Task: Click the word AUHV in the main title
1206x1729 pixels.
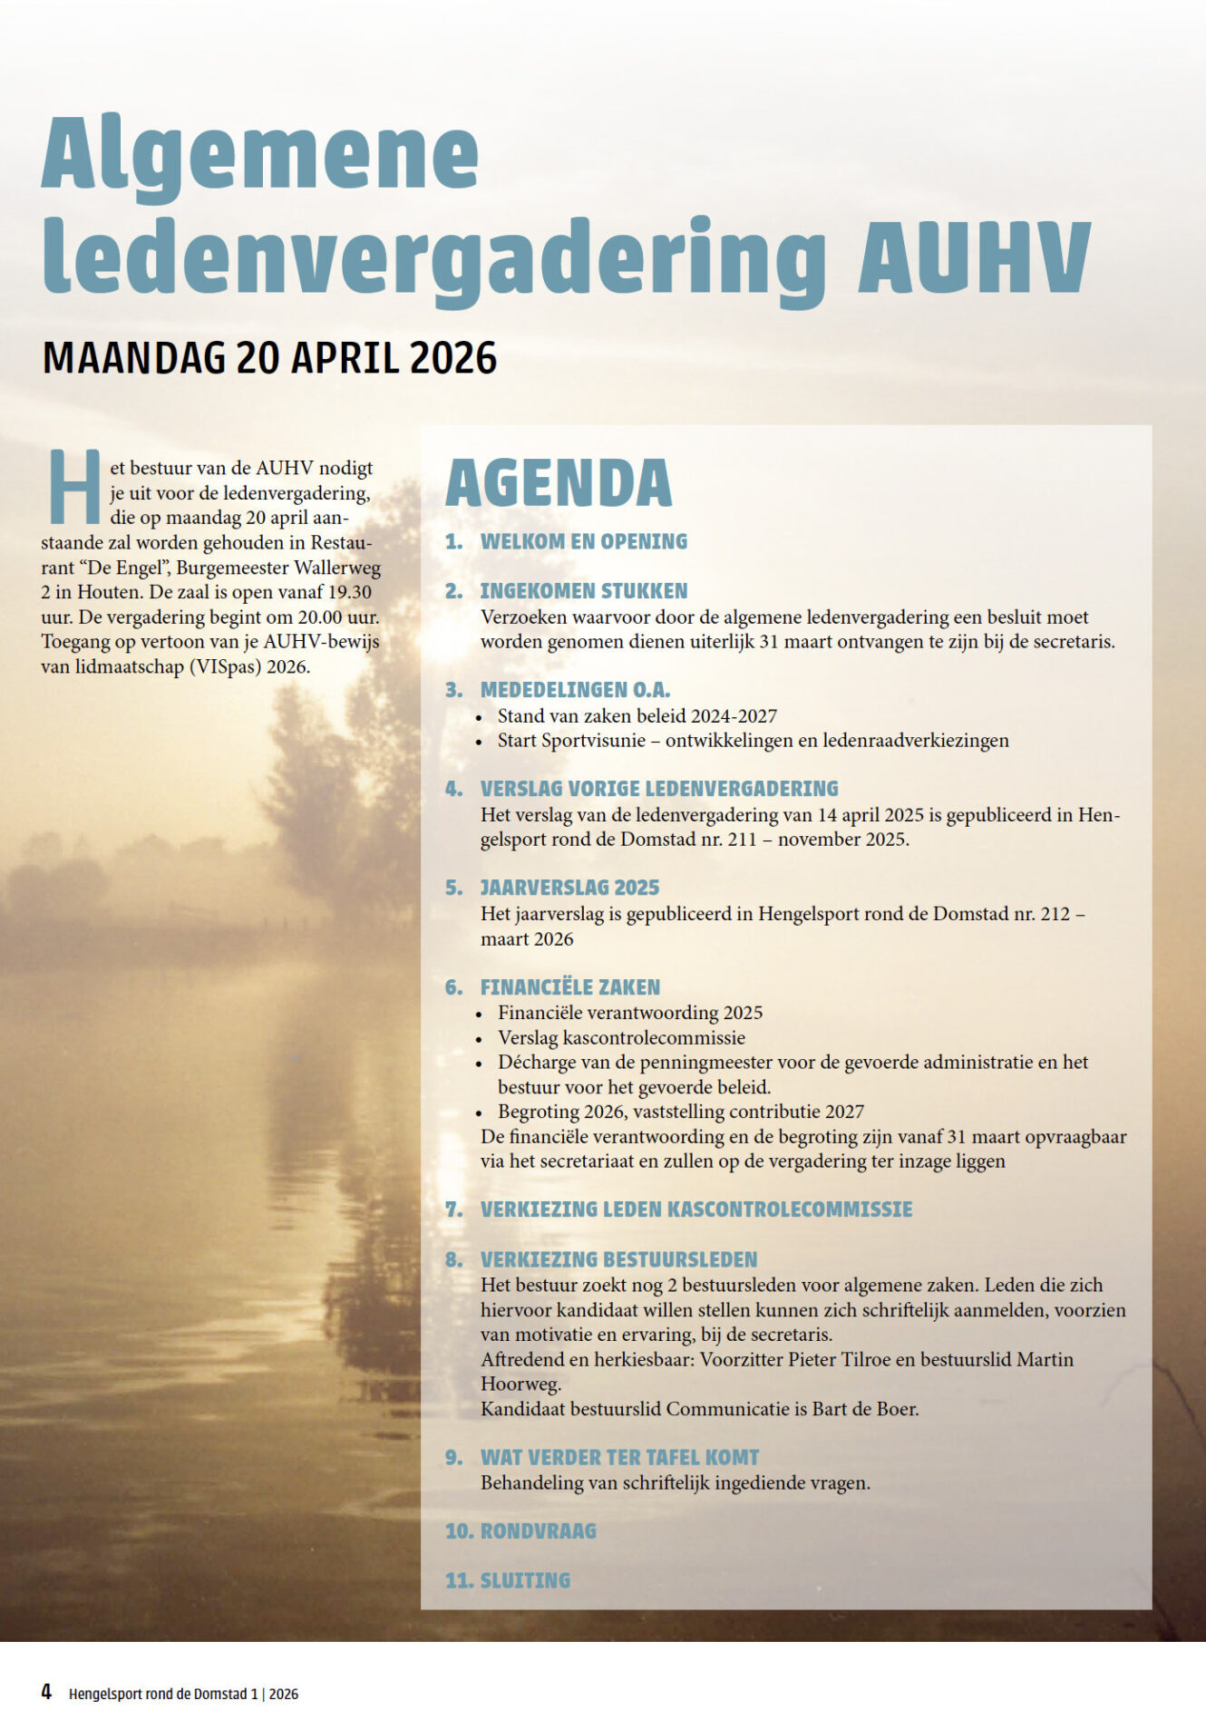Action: coord(974,256)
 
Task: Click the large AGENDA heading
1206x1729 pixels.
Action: coord(559,483)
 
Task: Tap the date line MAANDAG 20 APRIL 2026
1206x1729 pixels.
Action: coord(269,358)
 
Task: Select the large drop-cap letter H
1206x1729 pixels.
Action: coord(74,487)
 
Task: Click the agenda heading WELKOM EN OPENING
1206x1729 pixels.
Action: coord(583,541)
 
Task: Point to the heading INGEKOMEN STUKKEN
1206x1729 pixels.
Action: coord(583,591)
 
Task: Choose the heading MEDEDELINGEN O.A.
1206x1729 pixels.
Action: coord(575,690)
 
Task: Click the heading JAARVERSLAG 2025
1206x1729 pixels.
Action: coord(569,888)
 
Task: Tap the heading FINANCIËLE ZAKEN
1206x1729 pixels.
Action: coord(569,987)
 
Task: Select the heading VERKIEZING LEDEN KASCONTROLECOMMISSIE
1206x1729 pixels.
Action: coord(695,1209)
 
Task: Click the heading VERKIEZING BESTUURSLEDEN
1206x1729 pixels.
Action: coord(618,1259)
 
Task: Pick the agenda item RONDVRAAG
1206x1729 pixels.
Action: coord(538,1531)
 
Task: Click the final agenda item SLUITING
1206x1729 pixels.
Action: coord(525,1580)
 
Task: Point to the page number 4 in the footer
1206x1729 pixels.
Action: coord(46,1692)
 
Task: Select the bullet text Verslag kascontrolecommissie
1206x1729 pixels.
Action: coord(621,1037)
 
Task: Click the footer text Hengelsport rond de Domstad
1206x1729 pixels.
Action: coord(158,1694)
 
